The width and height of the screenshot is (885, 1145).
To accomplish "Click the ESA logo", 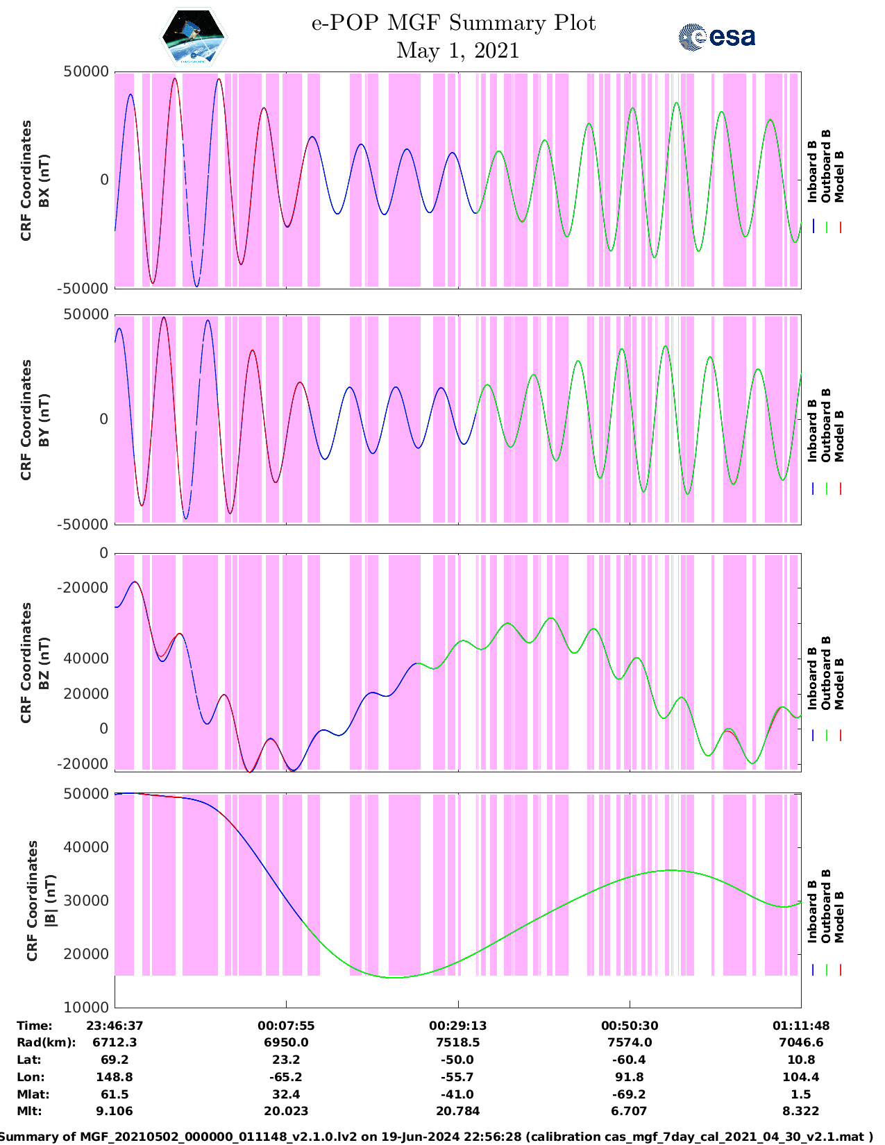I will pyautogui.click(x=716, y=37).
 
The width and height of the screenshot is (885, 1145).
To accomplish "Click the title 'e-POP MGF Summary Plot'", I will pyautogui.click(x=453, y=23).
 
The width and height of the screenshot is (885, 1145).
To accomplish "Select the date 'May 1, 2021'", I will pyautogui.click(x=457, y=51).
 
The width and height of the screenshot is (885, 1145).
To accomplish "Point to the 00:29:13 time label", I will pyautogui.click(x=457, y=1026).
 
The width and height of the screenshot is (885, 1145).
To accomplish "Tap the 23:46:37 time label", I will pyautogui.click(x=115, y=1026).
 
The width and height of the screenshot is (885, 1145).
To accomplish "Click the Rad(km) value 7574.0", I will pyautogui.click(x=630, y=1042).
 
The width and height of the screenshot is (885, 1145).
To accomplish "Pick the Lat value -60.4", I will pyautogui.click(x=630, y=1060).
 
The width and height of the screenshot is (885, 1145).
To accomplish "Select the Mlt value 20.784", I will pyautogui.click(x=457, y=1111).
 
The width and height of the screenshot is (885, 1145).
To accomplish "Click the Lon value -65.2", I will pyautogui.click(x=286, y=1077).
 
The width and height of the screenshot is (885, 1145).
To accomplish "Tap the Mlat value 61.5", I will pyautogui.click(x=115, y=1094).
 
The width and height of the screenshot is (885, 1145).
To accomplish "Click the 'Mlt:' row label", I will pyautogui.click(x=29, y=1111).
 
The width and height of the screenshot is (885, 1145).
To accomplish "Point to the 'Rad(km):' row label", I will pyautogui.click(x=46, y=1042).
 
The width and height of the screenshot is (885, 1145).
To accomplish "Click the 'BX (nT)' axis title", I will pyautogui.click(x=44, y=180).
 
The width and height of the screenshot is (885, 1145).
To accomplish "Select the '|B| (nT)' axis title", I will pyautogui.click(x=50, y=901).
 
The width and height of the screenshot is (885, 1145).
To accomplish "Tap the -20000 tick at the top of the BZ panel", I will pyautogui.click(x=84, y=588).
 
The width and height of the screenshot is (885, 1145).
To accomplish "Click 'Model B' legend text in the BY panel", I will pyautogui.click(x=839, y=436).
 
